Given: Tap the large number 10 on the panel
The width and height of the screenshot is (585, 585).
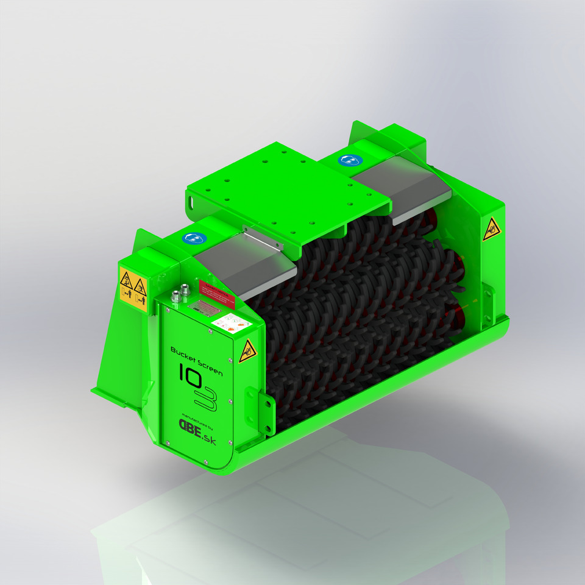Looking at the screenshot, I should [190, 374].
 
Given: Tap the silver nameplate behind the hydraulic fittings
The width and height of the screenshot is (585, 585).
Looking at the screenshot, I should [204, 307].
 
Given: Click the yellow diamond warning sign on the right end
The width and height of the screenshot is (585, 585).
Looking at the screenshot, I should [491, 229].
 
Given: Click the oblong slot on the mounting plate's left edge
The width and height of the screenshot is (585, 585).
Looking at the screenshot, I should [192, 199].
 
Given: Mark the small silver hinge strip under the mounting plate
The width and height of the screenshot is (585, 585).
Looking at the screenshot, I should [263, 238].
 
